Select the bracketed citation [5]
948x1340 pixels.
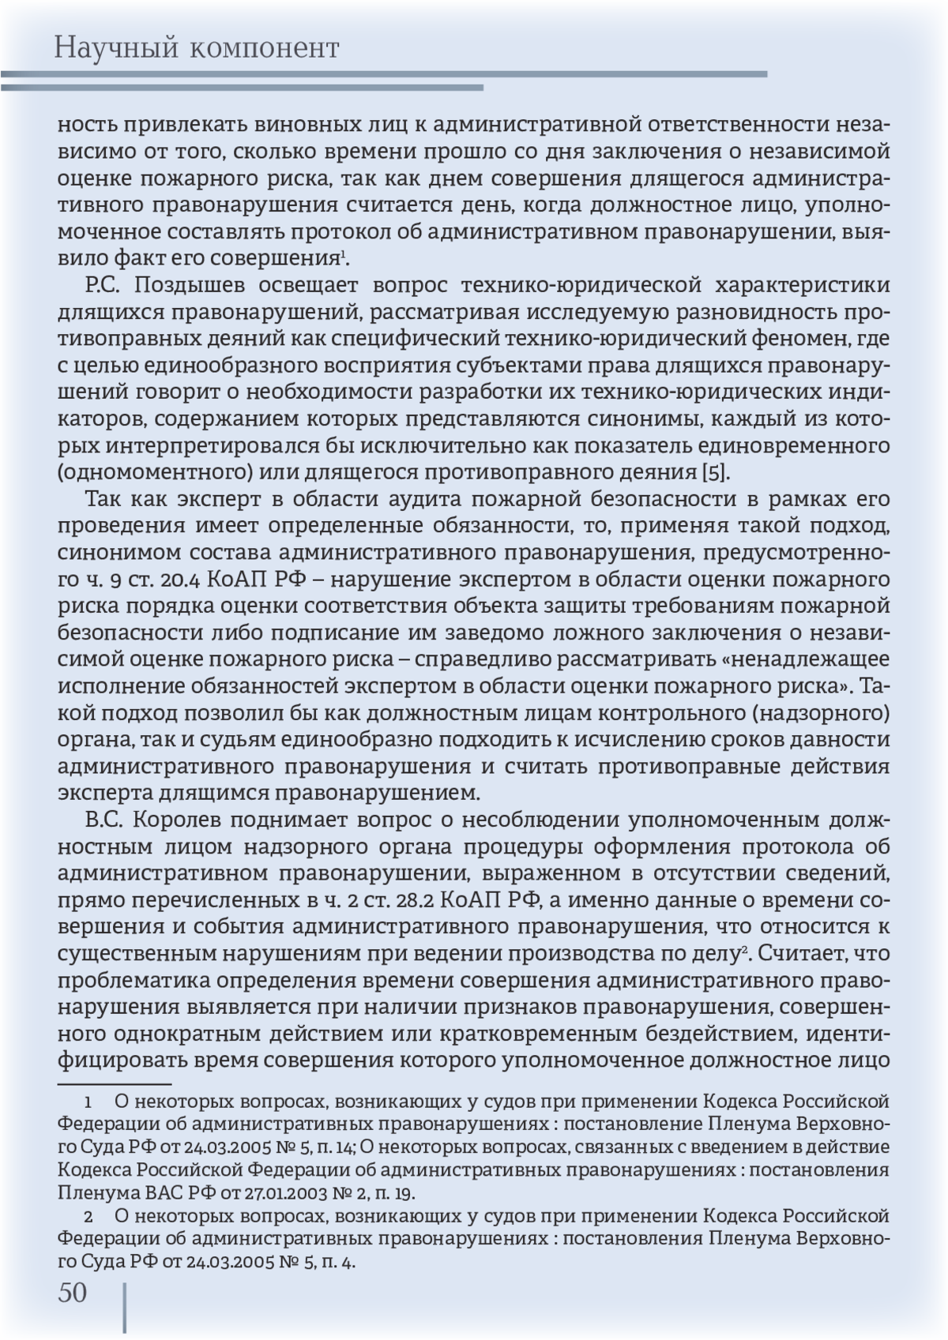[x=717, y=473]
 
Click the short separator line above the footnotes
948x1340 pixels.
[x=115, y=1085]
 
